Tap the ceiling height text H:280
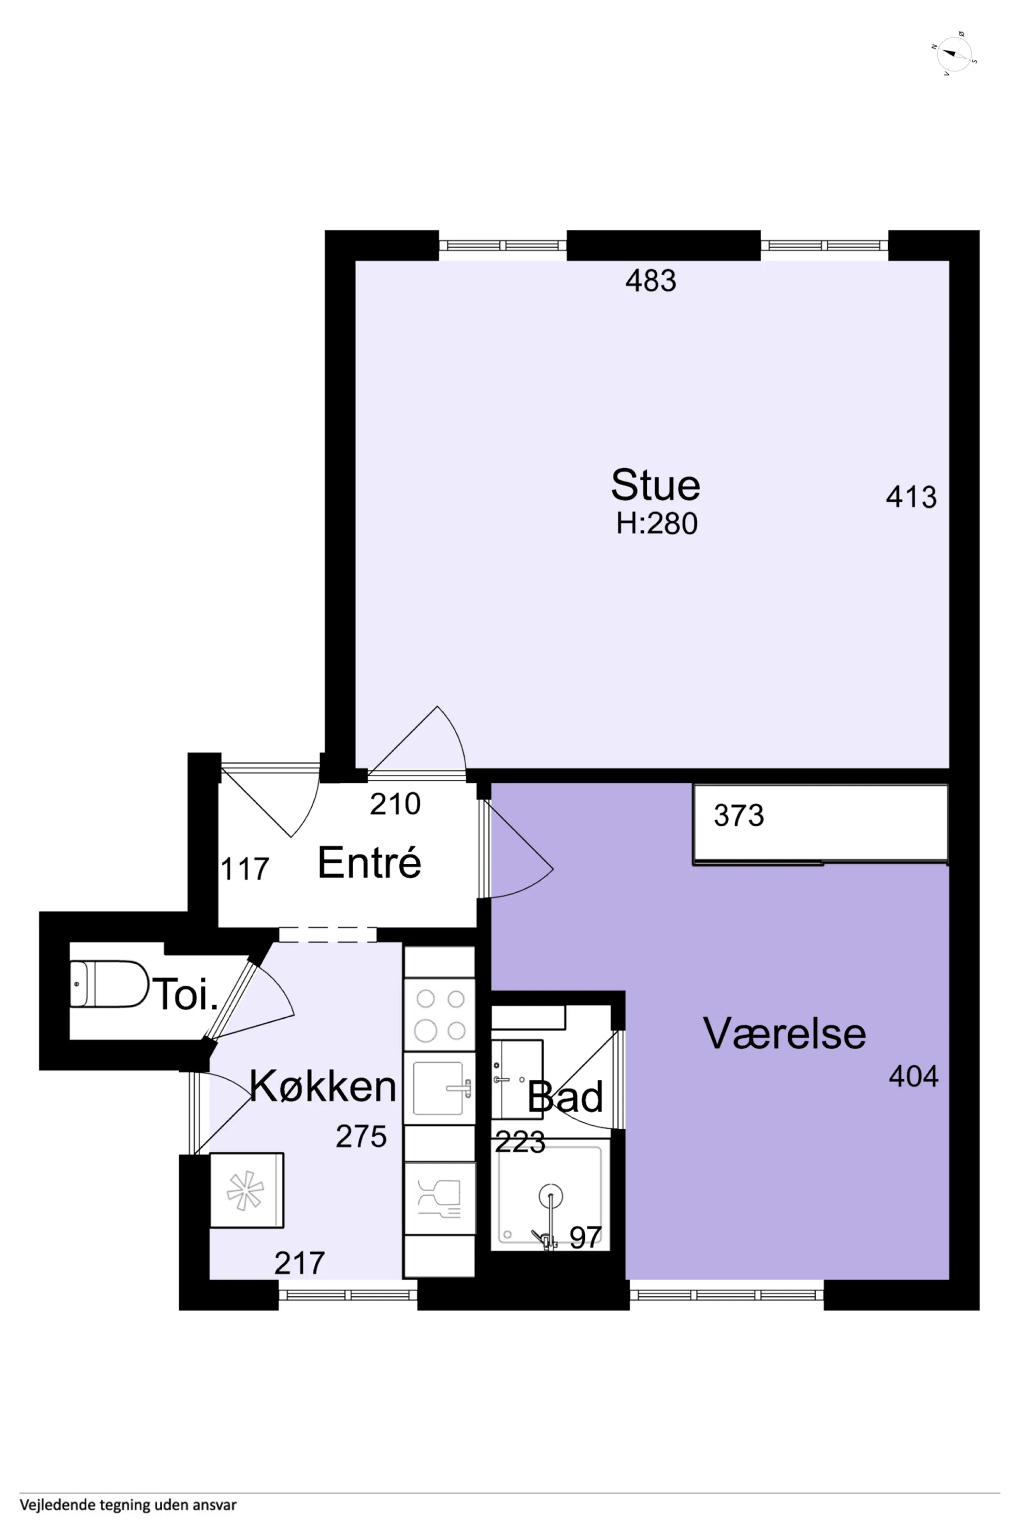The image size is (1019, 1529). (x=656, y=524)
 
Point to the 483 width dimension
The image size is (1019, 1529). (x=651, y=281)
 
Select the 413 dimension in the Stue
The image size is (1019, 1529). (x=911, y=497)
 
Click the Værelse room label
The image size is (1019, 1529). (x=785, y=1034)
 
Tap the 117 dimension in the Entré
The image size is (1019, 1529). (x=245, y=869)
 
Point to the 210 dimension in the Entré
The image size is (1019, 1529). (x=395, y=804)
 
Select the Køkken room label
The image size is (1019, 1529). (x=323, y=1086)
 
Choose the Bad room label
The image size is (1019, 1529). (x=566, y=1097)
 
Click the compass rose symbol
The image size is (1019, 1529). (x=954, y=54)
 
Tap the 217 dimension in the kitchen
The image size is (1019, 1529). (x=300, y=1263)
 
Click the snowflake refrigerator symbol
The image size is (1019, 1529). (x=246, y=1190)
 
